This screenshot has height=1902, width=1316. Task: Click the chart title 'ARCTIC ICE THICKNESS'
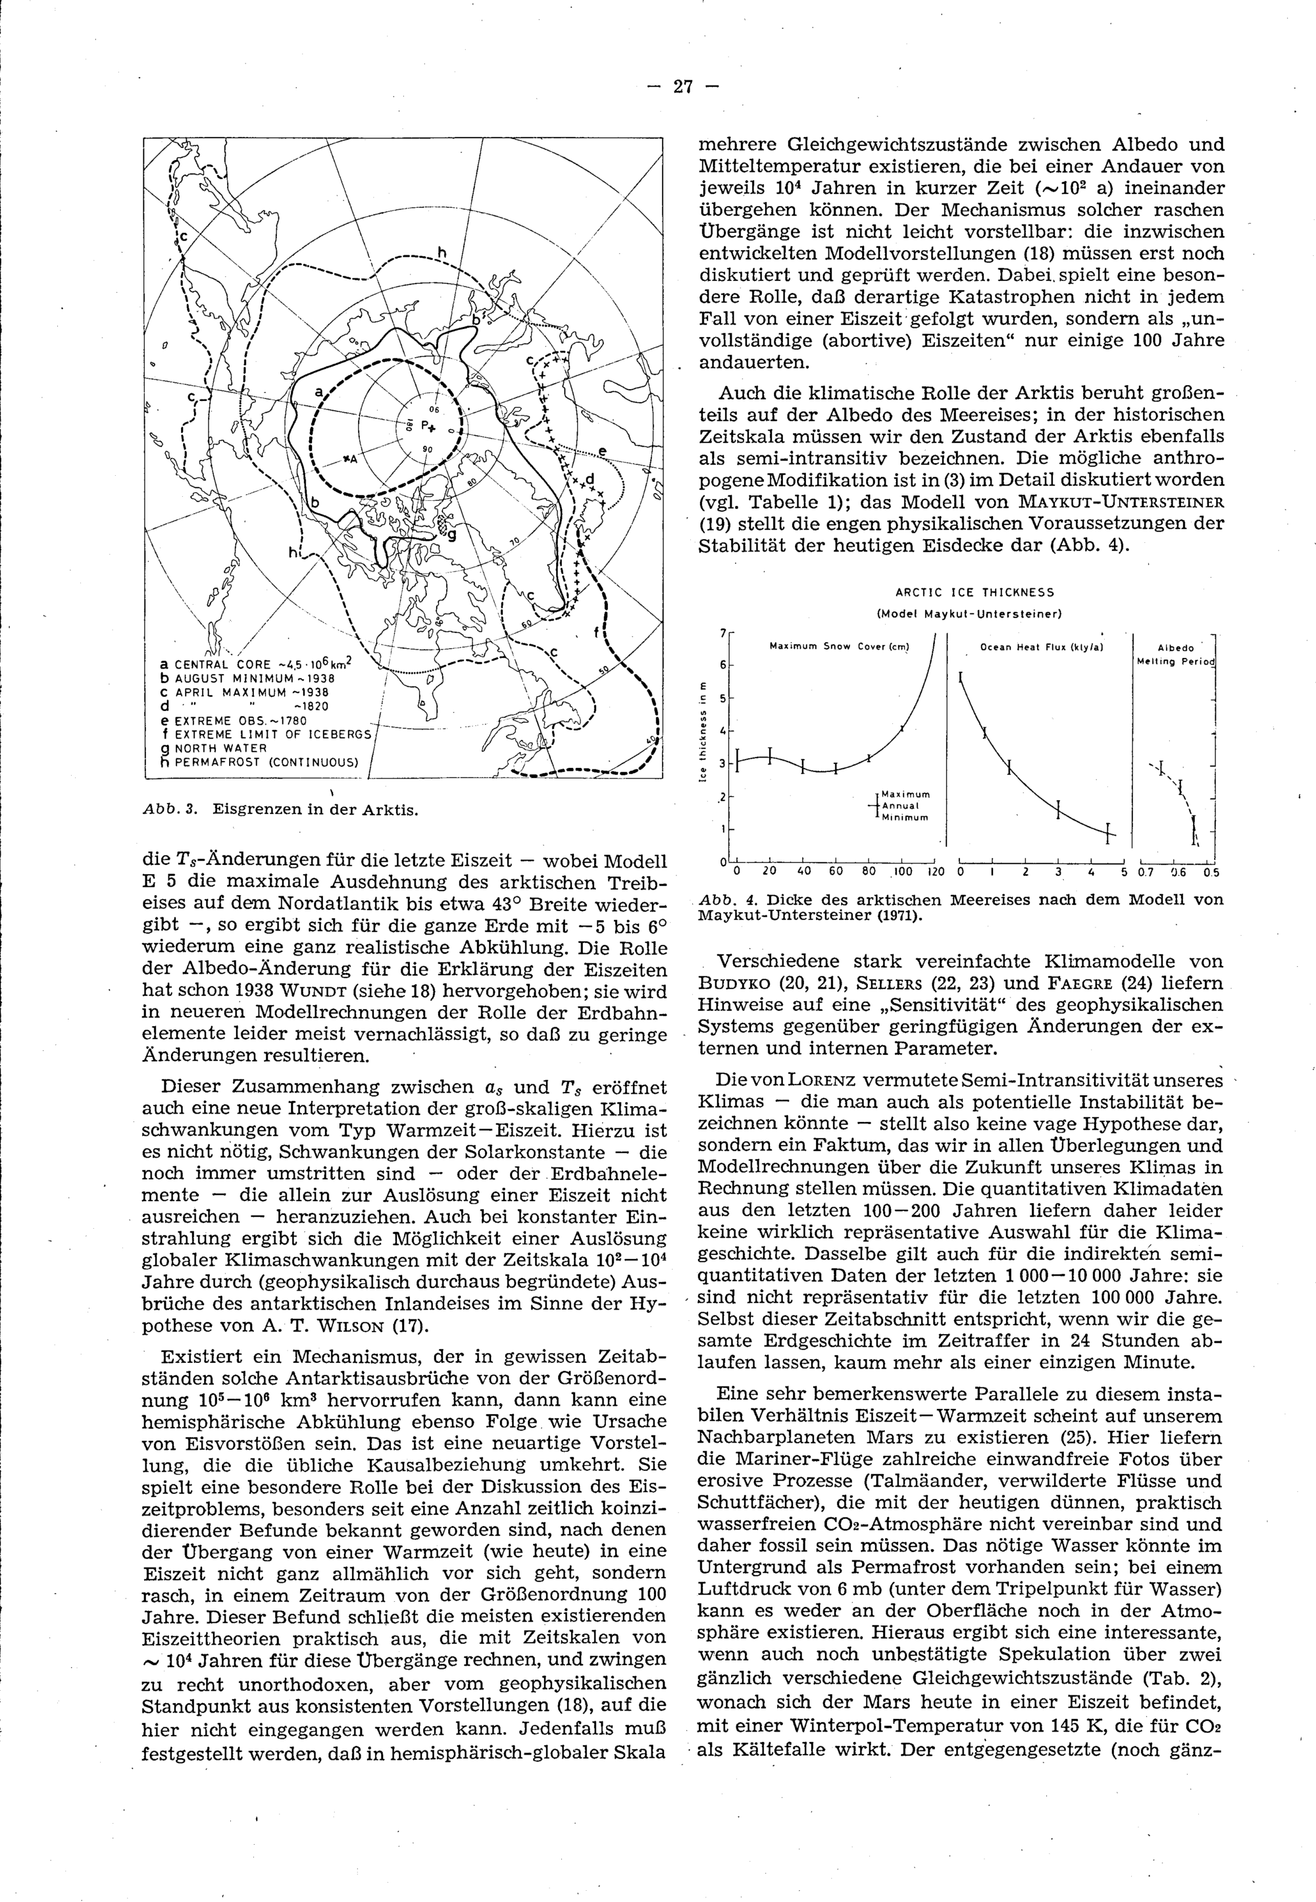(974, 592)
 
